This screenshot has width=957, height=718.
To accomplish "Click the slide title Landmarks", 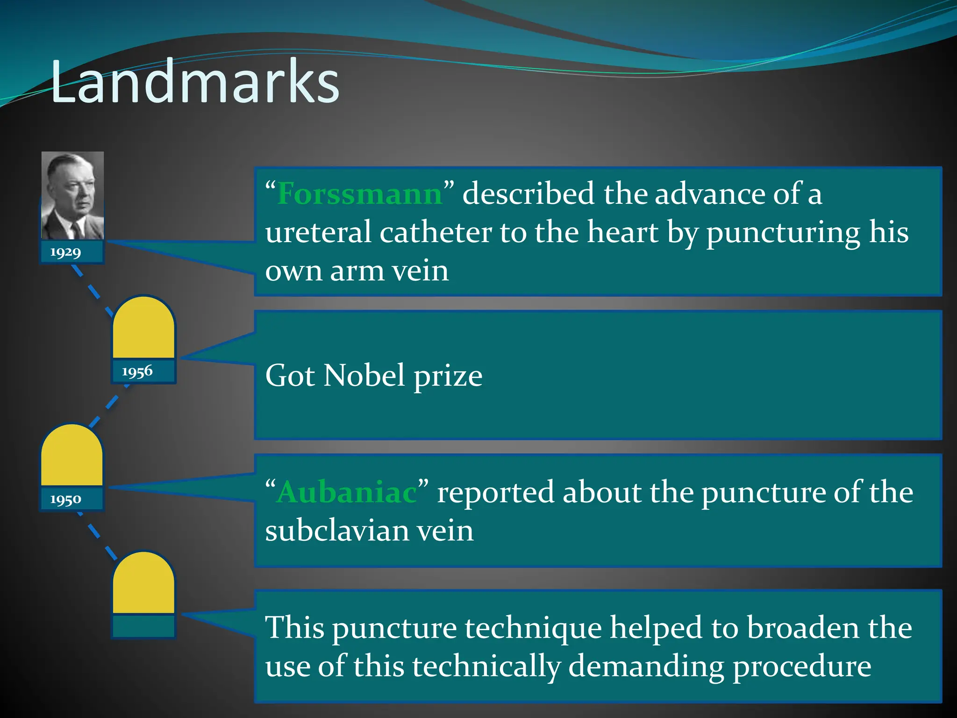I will [194, 82].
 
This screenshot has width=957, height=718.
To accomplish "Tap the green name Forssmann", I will [359, 194].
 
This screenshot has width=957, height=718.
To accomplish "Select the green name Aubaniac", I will [346, 492].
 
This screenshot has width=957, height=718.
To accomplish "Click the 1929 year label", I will [66, 252].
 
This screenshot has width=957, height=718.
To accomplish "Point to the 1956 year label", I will [137, 372].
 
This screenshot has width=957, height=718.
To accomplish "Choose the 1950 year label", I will [66, 499].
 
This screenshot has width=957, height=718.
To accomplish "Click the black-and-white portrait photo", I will [72, 195].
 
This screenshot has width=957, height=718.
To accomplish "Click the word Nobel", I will [364, 375].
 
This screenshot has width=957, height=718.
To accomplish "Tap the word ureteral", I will [318, 232].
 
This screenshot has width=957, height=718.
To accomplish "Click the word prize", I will [448, 376].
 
